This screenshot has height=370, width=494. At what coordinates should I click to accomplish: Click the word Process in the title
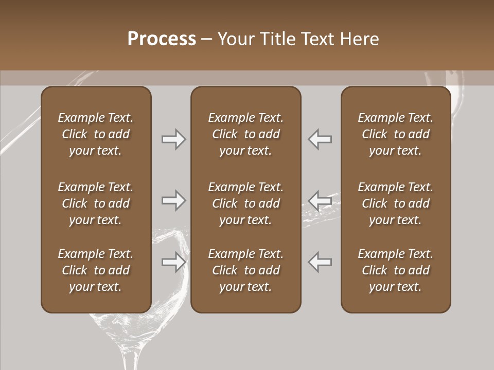[x=162, y=39]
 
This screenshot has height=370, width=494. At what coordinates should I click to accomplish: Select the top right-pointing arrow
[x=174, y=139]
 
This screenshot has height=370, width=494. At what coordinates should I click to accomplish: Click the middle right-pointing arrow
[x=174, y=200]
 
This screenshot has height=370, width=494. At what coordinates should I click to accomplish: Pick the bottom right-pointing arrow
[x=174, y=262]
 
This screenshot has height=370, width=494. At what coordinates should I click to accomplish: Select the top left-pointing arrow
[x=320, y=139]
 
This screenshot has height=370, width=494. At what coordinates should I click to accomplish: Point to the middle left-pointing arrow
[x=320, y=200]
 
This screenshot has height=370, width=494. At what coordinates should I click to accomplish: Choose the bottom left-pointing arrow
[x=320, y=262]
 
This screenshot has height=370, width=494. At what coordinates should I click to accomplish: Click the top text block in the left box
[x=96, y=134]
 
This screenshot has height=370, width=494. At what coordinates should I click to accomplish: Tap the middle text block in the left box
[x=96, y=203]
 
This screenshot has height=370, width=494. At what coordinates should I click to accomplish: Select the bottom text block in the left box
[x=96, y=270]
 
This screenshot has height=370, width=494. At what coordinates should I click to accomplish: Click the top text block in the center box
[x=245, y=134]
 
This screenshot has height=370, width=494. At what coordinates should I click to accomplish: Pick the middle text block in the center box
[x=245, y=203]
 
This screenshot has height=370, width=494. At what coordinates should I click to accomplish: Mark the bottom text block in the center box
[x=245, y=270]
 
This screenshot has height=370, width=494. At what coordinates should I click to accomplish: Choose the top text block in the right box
[x=395, y=134]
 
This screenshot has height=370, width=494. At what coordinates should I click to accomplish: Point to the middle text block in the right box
[x=395, y=203]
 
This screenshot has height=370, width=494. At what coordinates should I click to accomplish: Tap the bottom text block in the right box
[x=395, y=270]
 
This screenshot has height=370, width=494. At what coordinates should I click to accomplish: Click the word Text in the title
[x=318, y=39]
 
